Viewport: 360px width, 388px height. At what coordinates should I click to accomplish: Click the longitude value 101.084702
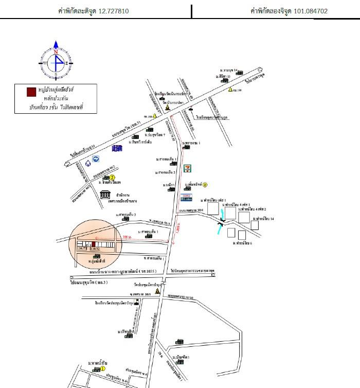pos(311,10)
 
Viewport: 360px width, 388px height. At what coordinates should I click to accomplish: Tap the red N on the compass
pos(56,52)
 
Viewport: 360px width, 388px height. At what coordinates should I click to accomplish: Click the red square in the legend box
pos(31,92)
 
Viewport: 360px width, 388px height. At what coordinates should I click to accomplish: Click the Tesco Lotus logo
pos(188,198)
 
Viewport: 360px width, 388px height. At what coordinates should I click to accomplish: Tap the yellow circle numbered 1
pos(103,369)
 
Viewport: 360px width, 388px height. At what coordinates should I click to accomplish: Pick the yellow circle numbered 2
pos(112,178)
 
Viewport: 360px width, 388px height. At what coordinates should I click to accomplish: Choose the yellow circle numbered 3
pos(205,185)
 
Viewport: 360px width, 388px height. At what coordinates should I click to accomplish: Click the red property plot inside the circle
pos(93,244)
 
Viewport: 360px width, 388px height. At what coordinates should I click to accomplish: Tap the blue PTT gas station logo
pos(96,159)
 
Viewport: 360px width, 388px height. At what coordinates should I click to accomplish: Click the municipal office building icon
pos(106,195)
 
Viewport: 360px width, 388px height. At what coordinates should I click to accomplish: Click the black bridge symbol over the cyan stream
pos(222,222)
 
